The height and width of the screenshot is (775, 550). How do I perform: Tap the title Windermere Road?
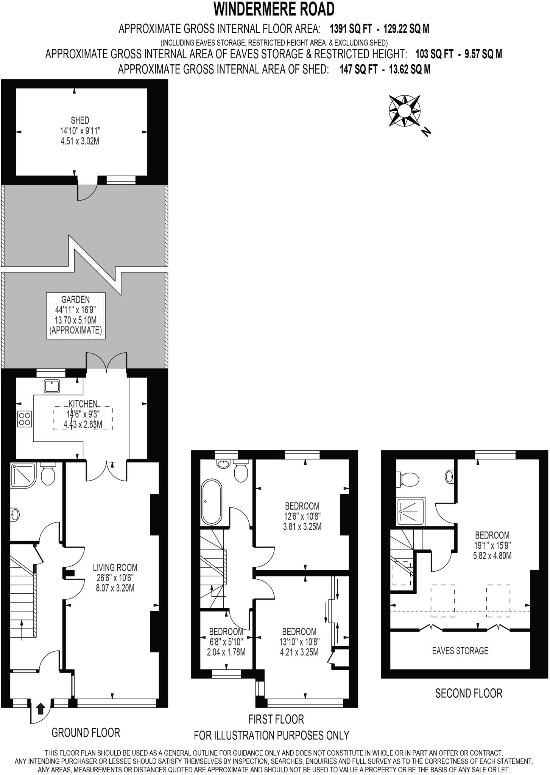(x=274, y=9)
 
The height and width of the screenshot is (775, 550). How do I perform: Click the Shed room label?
(x=80, y=131)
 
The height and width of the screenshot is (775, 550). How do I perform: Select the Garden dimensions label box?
(x=76, y=315)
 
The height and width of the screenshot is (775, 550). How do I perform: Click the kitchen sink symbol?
(x=51, y=386)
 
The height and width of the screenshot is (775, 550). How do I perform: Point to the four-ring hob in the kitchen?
(x=25, y=419)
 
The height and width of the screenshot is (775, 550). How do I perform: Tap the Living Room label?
(x=115, y=578)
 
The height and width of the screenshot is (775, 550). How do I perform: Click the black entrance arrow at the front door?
(x=41, y=708)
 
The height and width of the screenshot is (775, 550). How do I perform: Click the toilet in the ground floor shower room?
(x=48, y=473)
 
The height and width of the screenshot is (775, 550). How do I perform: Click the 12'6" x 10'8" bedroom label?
(x=302, y=516)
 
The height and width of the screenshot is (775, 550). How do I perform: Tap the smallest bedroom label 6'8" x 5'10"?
(x=226, y=642)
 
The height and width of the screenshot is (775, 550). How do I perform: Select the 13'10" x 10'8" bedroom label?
(x=299, y=642)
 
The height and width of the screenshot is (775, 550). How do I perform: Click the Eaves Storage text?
(x=460, y=651)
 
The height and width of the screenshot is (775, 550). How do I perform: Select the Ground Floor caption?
(x=86, y=733)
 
